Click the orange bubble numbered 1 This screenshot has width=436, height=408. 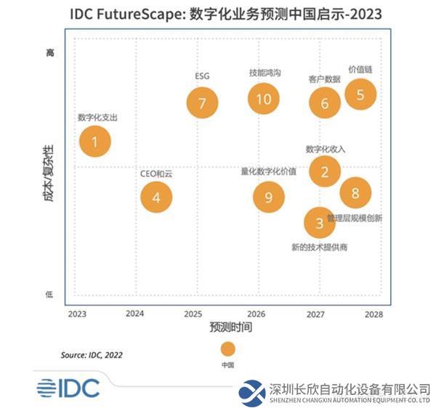[94, 142]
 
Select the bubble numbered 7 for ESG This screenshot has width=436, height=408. [202, 102]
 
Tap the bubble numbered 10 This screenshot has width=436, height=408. [263, 99]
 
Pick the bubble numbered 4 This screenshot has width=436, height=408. [156, 196]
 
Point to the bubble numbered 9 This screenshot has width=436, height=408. [269, 197]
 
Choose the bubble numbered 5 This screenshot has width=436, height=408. [360, 94]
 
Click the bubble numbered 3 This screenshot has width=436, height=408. [319, 223]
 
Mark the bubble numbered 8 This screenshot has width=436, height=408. [355, 192]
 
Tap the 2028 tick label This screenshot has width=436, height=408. [374, 314]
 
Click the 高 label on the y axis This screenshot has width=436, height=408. [50, 53]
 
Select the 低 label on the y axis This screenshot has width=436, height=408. [50, 294]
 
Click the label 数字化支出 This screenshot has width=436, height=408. [97, 117]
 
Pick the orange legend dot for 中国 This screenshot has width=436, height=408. [228, 348]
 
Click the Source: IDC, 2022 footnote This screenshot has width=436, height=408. [92, 355]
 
